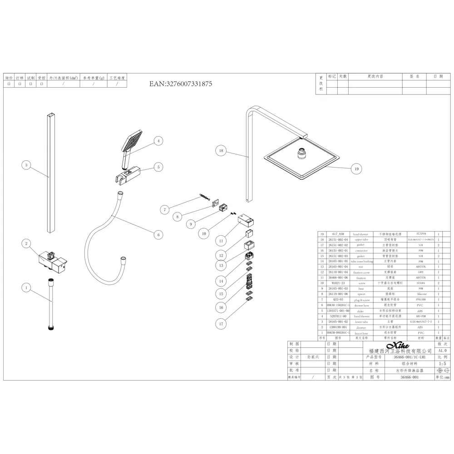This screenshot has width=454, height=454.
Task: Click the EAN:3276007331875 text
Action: pos(181,84)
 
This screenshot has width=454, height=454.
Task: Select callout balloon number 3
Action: pos(27,165)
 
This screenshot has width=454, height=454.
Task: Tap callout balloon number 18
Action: pos(221,150)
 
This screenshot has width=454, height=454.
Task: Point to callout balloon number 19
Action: pos(356,169)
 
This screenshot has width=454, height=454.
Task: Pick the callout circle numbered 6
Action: pos(158,235)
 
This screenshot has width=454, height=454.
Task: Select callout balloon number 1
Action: pos(27,287)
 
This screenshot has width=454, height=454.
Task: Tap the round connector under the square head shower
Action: pos(301,153)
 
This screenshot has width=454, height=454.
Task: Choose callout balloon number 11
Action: pos(221,240)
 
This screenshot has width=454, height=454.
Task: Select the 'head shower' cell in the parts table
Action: pos(361,234)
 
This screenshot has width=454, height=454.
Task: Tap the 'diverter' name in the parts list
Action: pos(361,327)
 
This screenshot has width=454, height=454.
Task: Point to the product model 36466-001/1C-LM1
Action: pos(400,357)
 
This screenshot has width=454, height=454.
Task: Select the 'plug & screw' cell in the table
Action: pos(361,300)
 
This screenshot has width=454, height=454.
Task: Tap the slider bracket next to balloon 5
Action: pos(128,173)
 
